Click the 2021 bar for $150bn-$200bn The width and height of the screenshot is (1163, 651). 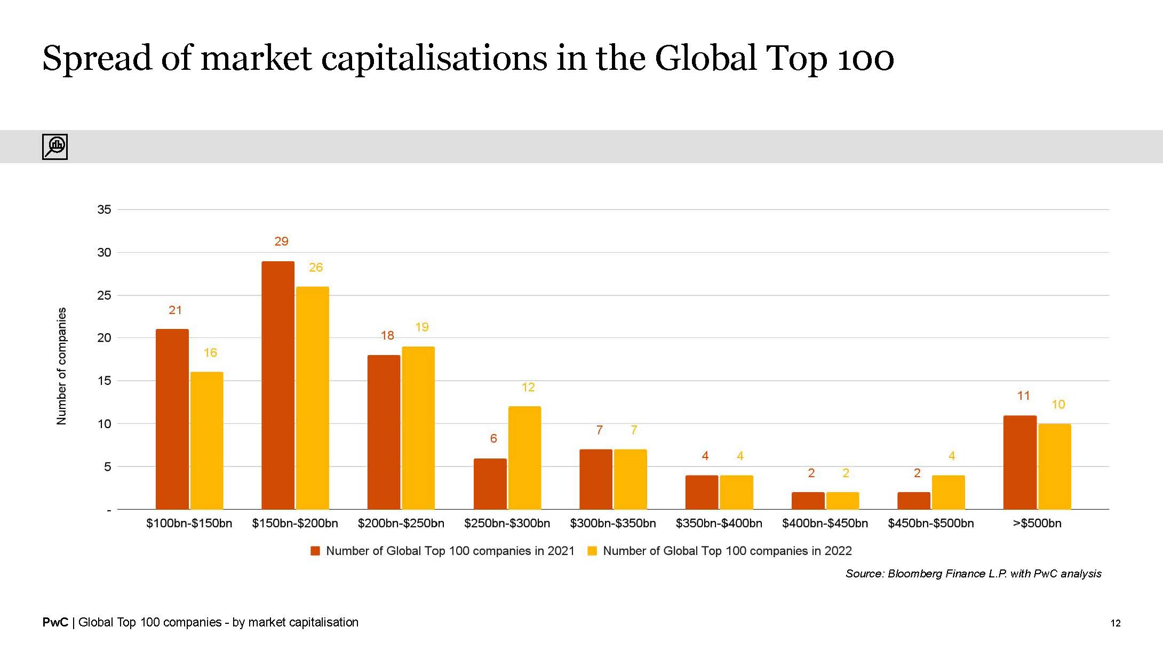[x=278, y=385]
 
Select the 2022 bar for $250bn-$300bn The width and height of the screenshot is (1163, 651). [x=524, y=457]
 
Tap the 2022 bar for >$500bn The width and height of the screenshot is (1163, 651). [x=1054, y=467]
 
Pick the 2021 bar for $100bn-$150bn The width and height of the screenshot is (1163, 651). [x=172, y=419]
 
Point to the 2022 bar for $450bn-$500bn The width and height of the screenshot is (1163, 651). [x=948, y=492]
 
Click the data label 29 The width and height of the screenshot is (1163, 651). [x=281, y=242]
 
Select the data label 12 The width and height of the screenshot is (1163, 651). [x=528, y=387]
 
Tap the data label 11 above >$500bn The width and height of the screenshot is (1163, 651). [x=1023, y=396]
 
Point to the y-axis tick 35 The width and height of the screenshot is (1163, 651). [x=104, y=210]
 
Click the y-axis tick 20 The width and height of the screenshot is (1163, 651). [x=104, y=337]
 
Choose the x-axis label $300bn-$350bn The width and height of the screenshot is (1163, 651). [x=612, y=524]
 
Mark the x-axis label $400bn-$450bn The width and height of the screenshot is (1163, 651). [x=825, y=524]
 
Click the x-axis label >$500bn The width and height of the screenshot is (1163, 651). [x=1037, y=524]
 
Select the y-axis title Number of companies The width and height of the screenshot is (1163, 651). [x=62, y=366]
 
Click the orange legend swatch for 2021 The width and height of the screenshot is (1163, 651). [x=315, y=551]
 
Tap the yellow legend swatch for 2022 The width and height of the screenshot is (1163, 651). [x=592, y=551]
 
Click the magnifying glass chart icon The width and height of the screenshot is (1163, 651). [x=55, y=147]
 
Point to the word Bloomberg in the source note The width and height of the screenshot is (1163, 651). [x=914, y=574]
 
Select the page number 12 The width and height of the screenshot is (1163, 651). [x=1115, y=623]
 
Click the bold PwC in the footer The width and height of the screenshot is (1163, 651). [x=55, y=622]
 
